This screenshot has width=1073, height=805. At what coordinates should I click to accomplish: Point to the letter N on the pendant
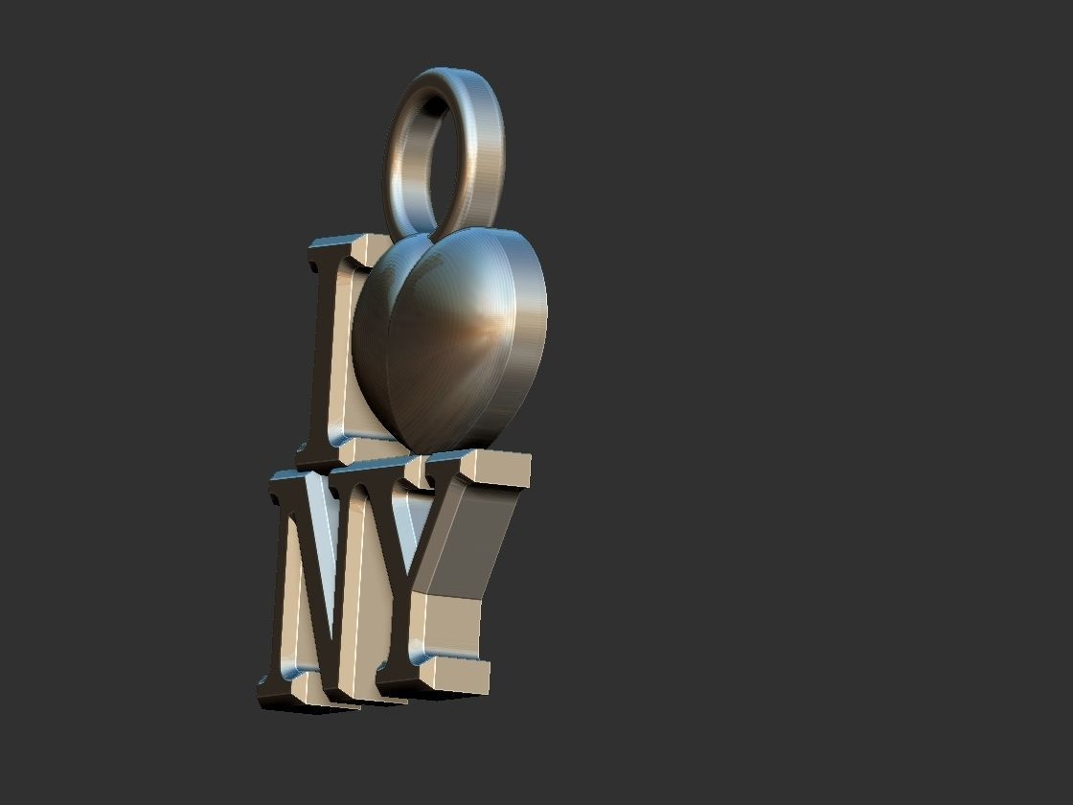(x=326, y=585)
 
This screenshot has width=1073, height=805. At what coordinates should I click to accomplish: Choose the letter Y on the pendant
(x=460, y=575)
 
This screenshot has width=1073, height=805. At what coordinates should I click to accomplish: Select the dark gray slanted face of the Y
(x=469, y=541)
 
